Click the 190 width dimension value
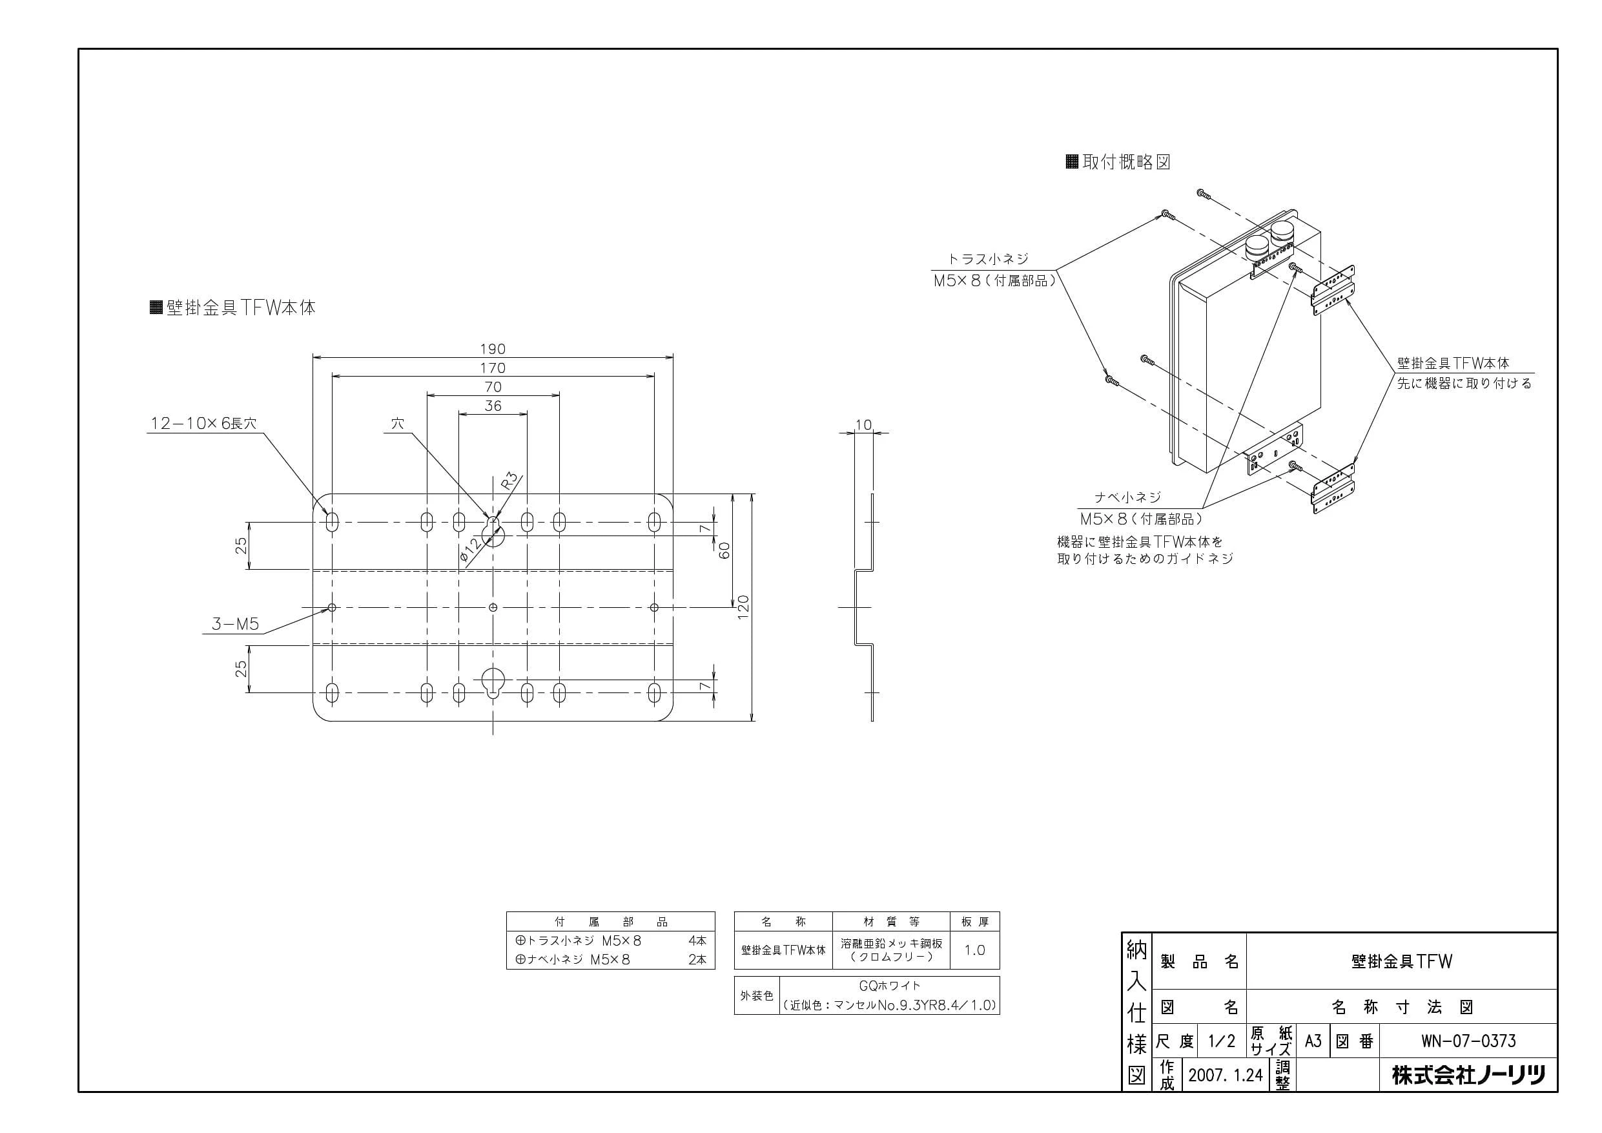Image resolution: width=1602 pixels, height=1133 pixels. coord(493,348)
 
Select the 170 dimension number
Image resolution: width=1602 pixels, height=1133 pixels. coord(493,368)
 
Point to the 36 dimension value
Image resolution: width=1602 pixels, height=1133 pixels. coord(493,406)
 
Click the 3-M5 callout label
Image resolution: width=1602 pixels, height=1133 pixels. coord(235,624)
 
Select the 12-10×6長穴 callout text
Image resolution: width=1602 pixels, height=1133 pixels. coord(204,423)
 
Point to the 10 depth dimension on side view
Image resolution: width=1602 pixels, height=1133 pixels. coord(863,424)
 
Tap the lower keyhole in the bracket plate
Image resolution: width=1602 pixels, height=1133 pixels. coord(493,682)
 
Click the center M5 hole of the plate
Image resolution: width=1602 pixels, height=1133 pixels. coord(493,607)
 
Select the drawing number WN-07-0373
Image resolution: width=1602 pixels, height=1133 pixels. coord(1469,1041)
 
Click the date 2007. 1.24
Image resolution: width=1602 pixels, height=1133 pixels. coord(1225,1075)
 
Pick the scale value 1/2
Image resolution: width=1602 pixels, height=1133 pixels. coord(1222,1041)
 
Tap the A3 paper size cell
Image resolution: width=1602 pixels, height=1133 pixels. coord(1313,1041)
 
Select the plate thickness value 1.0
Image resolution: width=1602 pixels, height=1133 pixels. coord(975,950)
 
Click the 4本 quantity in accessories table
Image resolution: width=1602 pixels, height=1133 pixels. coord(697,941)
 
